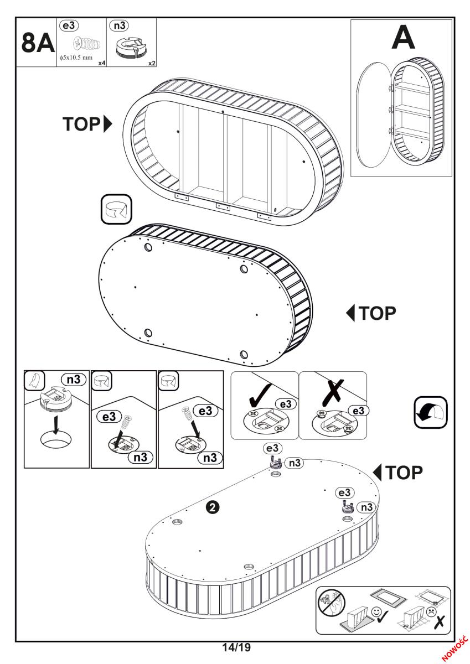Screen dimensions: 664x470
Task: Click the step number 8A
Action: [x=37, y=43]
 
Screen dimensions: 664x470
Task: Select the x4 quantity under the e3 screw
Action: [x=101, y=63]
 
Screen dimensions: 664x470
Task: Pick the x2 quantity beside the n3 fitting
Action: [x=151, y=63]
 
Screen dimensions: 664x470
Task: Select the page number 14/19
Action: [x=236, y=647]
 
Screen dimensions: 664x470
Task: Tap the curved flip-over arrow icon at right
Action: [x=431, y=412]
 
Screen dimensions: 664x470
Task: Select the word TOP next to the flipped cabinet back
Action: [x=378, y=313]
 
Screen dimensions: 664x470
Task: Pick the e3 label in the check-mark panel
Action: [x=286, y=404]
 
